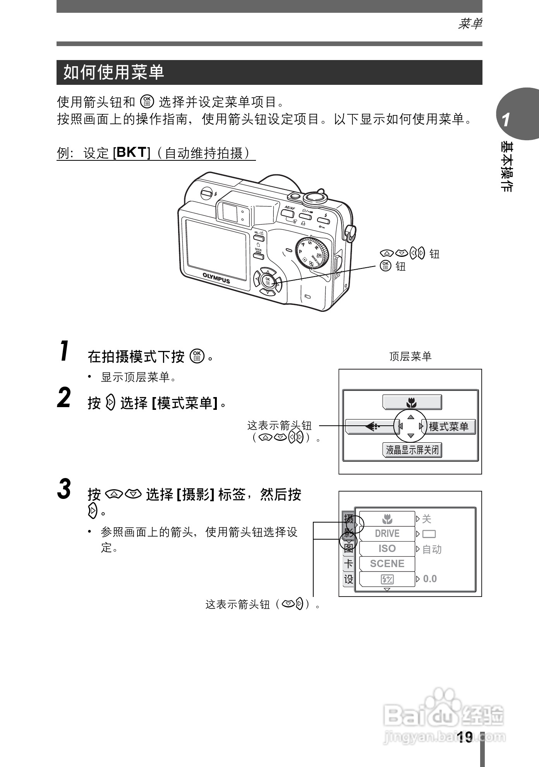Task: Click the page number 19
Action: point(465,737)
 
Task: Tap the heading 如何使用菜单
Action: point(114,72)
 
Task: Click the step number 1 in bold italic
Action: point(65,351)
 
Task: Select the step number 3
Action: point(64,489)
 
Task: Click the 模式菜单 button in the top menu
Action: point(448,427)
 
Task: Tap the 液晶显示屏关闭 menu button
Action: point(412,450)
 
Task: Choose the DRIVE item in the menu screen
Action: point(387,533)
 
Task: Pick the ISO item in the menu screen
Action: point(387,549)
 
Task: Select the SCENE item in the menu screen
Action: point(387,564)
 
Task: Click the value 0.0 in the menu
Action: point(430,579)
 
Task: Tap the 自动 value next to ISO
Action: point(431,549)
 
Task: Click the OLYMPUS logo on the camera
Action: point(216,278)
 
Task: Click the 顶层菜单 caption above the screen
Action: point(410,356)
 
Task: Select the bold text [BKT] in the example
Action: point(131,153)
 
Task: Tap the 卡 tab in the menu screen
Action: point(348,564)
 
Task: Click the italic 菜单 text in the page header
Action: point(470,24)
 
